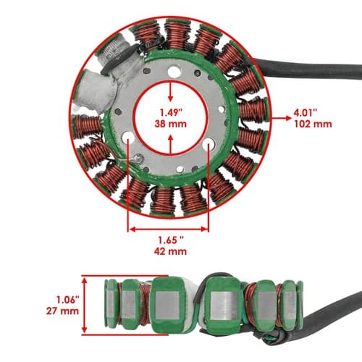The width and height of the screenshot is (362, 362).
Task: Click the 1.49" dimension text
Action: [171, 113]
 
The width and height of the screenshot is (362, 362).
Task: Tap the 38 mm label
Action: [171, 124]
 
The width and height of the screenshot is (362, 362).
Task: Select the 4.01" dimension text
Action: [305, 113]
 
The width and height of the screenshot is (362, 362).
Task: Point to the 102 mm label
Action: [313, 124]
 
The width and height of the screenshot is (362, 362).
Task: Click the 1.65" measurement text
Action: [171, 240]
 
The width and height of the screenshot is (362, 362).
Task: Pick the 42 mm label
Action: [171, 251]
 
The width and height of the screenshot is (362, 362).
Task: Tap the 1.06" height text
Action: [68, 300]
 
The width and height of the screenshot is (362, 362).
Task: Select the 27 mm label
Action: [63, 311]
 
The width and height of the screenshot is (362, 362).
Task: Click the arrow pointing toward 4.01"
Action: [282, 118]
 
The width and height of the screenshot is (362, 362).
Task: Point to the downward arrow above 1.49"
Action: [171, 92]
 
